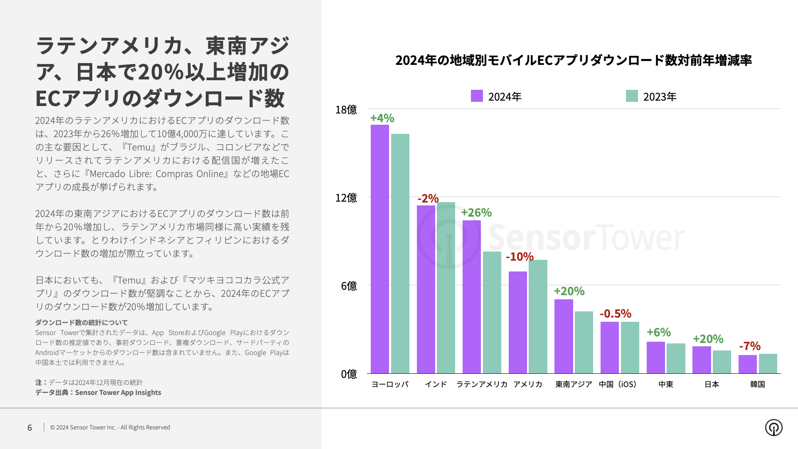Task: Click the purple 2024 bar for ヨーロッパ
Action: (379, 249)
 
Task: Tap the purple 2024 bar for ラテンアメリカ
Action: (472, 297)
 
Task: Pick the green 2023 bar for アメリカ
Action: (538, 316)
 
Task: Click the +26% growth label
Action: (476, 213)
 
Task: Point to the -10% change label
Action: (520, 257)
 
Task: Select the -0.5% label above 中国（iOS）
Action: (616, 314)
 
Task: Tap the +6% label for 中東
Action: (659, 333)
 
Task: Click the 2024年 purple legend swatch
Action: (477, 96)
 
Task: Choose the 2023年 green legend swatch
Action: (632, 96)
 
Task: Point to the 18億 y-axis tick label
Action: (346, 110)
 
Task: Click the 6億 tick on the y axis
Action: (349, 286)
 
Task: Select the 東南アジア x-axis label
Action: (574, 385)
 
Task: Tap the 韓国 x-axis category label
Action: (757, 385)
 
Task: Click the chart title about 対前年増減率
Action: (574, 60)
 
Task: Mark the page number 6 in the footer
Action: (30, 428)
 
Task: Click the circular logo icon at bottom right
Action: (773, 427)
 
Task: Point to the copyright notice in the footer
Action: (110, 427)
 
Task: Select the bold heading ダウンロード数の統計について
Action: (81, 323)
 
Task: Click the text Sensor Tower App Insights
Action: (118, 392)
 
